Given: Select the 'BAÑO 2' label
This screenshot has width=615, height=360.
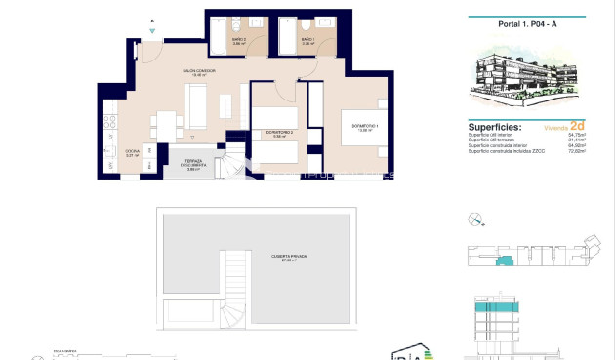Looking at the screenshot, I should point(238,40).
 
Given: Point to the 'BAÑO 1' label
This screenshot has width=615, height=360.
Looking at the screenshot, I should point(307,40).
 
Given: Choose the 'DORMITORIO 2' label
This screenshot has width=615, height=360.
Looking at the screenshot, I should point(281,134).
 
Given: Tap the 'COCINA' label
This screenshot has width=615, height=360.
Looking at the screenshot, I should point(132,152).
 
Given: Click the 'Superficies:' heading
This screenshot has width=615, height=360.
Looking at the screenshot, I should point(495,127).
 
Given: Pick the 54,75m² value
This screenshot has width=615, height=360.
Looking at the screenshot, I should point(575,135).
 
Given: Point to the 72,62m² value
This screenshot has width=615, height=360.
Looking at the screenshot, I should point(575,151).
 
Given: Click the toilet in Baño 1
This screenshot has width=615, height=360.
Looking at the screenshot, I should point(307,25).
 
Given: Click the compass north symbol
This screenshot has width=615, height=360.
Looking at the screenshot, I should point(475,219).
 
